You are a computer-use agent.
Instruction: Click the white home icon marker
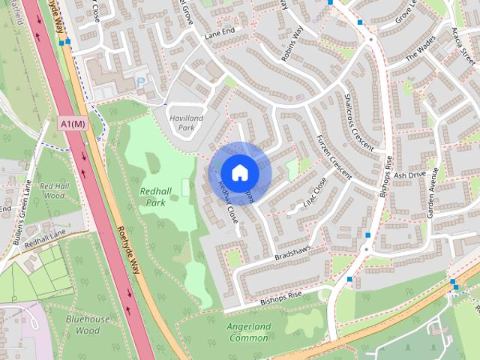(x=239, y=172)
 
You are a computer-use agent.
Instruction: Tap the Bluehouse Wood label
(x=82, y=324)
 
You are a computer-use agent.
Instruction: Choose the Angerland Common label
(x=248, y=332)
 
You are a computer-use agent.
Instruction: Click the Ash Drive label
(x=409, y=175)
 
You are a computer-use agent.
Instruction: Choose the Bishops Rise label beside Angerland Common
(x=280, y=296)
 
